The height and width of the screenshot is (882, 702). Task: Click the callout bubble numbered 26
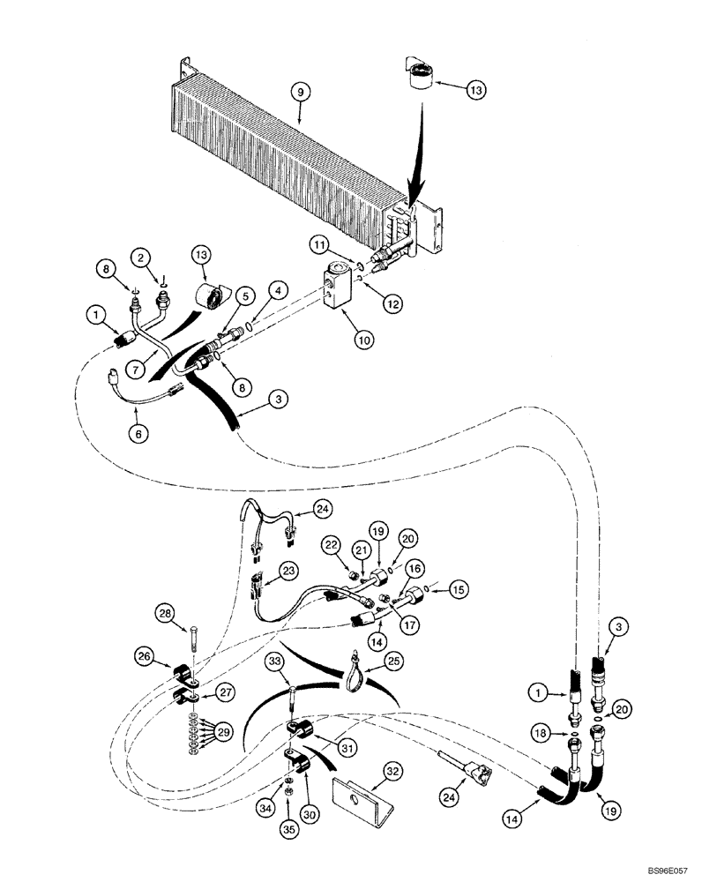click(146, 654)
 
